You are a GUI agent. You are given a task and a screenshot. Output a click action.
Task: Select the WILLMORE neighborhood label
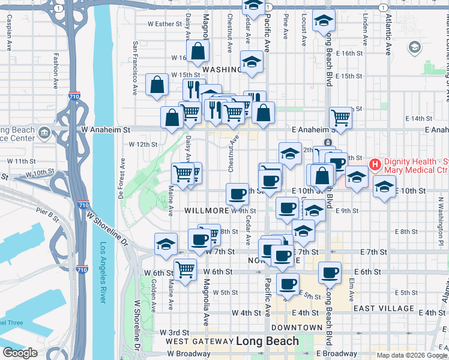tap(206, 211)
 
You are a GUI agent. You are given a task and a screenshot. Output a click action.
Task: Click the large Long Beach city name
tap(267, 341)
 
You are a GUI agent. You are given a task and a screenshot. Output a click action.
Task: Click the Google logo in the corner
tap(20, 353)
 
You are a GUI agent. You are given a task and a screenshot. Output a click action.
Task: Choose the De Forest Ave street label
tap(122, 178)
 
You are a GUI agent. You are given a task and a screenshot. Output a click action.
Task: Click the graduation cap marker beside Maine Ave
tap(166, 244)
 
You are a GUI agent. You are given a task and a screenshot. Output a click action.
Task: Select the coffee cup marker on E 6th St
tap(329, 273)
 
